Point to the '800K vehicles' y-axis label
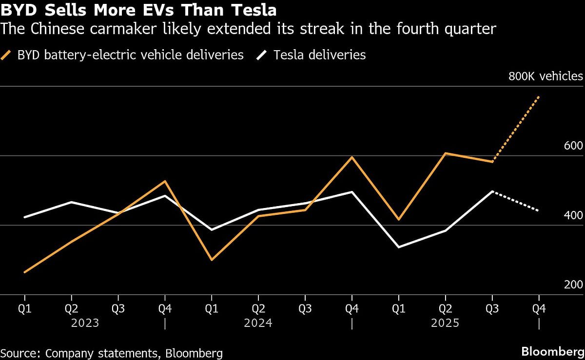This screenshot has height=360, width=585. (x=546, y=76)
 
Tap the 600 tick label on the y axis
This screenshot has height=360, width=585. (x=573, y=146)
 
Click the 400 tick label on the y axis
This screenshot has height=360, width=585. (x=573, y=215)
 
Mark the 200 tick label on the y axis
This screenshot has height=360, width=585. (x=573, y=285)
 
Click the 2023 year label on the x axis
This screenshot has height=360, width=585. (x=85, y=323)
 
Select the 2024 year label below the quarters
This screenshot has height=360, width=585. (x=258, y=323)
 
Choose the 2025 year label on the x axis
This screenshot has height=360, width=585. (x=445, y=323)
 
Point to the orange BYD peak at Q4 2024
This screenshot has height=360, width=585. (x=351, y=157)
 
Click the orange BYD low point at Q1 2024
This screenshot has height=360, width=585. (x=212, y=260)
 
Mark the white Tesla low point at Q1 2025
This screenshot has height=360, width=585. (x=398, y=247)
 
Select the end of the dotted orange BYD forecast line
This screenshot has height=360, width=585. (x=539, y=96)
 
